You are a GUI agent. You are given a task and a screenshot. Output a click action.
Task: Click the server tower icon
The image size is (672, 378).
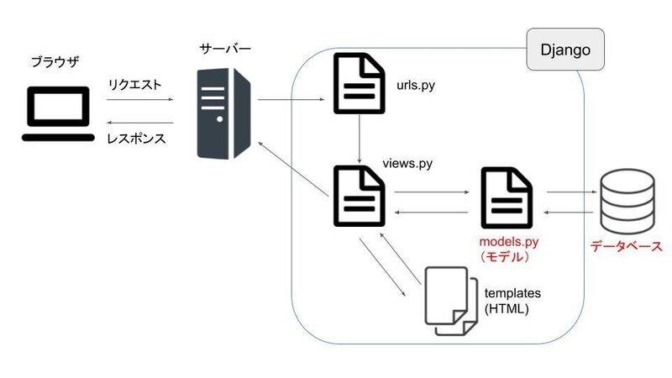pos(223,114)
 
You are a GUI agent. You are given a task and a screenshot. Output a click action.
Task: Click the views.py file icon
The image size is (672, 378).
pos(360,197)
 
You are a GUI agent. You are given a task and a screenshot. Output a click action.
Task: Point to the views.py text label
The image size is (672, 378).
pos(407,163)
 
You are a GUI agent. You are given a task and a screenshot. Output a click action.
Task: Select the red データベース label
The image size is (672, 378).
pos(626,247)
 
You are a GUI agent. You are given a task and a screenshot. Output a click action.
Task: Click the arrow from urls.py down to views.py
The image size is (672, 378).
pos(360,139)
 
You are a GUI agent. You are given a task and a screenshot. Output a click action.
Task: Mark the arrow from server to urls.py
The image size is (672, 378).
pos(291,100)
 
